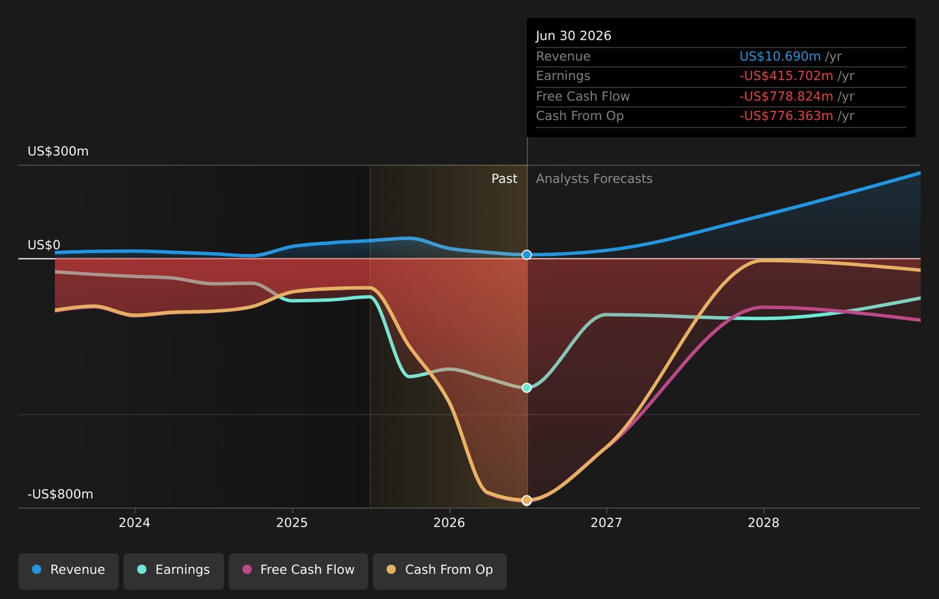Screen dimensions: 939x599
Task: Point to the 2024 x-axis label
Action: click(x=134, y=523)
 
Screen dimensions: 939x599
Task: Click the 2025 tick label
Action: click(x=291, y=523)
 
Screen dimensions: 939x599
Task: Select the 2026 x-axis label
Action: click(x=449, y=523)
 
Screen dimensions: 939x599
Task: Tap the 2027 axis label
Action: click(x=606, y=523)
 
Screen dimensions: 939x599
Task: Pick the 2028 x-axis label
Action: click(x=764, y=523)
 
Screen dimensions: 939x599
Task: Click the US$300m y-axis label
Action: click(x=58, y=151)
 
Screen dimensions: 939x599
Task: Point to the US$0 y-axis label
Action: click(x=44, y=244)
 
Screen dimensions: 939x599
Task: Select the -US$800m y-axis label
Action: click(x=61, y=494)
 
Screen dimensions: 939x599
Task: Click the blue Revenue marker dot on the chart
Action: click(x=527, y=255)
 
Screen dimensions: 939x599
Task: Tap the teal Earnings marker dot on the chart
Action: click(x=527, y=388)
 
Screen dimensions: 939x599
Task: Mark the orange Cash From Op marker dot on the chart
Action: click(x=527, y=500)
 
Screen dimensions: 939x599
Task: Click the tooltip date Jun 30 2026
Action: click(x=573, y=36)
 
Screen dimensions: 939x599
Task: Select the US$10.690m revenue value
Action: click(x=780, y=56)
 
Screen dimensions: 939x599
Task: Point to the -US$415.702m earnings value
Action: click(x=786, y=76)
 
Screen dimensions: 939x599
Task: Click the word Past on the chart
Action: click(x=504, y=179)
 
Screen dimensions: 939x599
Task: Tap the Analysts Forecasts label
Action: click(x=594, y=179)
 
